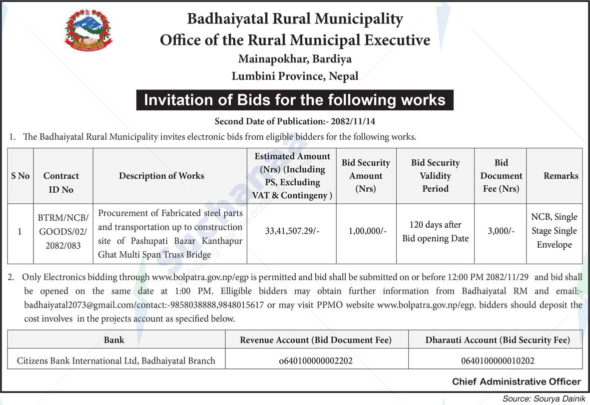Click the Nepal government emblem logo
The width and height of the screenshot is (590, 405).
click(88, 31)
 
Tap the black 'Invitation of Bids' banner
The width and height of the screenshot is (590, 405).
click(295, 100)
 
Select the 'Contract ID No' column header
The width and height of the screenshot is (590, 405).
click(61, 182)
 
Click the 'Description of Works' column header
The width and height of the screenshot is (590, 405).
click(161, 176)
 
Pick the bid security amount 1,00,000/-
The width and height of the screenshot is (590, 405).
click(366, 231)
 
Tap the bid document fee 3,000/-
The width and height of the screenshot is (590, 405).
click(501, 231)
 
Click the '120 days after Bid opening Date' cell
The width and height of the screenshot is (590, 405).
click(435, 232)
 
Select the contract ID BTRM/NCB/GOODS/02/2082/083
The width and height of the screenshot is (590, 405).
click(62, 232)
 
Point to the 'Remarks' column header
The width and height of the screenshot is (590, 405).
click(561, 176)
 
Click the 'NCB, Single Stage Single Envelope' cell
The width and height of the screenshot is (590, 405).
click(554, 231)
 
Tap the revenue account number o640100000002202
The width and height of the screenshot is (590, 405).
click(316, 361)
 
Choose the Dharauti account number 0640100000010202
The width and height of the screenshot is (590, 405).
click(497, 361)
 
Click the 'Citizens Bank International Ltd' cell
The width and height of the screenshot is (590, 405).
click(116, 361)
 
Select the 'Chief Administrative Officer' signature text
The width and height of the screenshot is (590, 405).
click(517, 382)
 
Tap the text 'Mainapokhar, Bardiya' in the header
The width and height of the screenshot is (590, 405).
click(295, 59)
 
